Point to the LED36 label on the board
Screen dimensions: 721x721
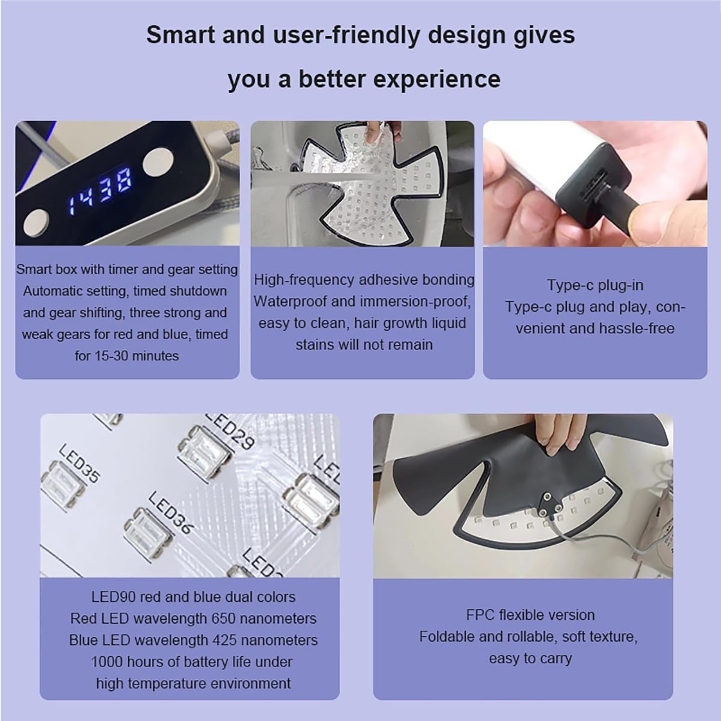pos(170,513)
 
